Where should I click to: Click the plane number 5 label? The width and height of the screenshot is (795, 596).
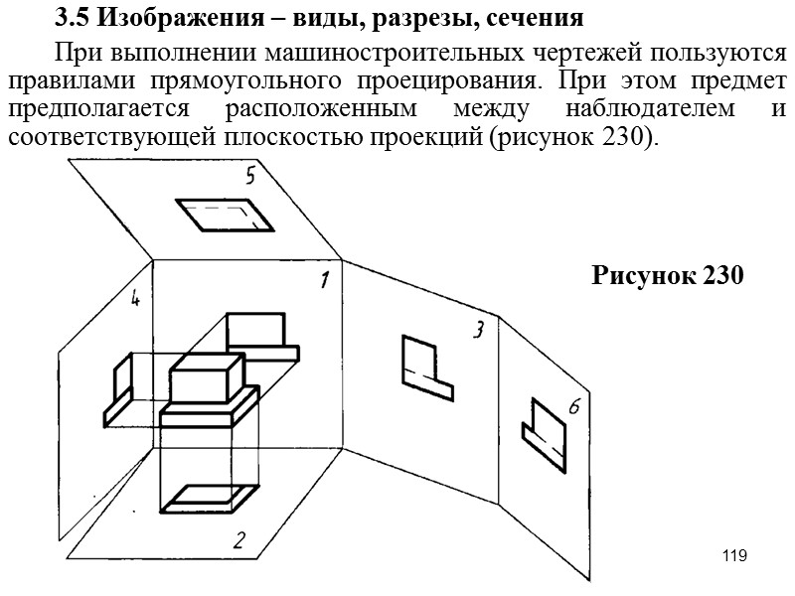tap(251, 178)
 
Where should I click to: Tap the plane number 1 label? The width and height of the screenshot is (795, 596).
tap(324, 281)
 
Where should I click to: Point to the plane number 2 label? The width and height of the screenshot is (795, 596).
tap(238, 541)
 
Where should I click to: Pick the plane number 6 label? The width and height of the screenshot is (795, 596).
tap(574, 407)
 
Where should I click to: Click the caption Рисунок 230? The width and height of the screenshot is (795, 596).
tap(667, 276)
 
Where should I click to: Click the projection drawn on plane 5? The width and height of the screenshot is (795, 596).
tap(226, 214)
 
